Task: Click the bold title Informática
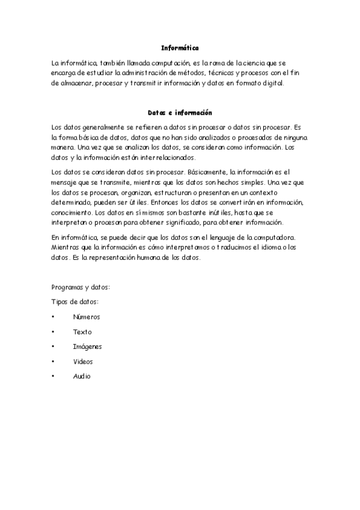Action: point(180,47)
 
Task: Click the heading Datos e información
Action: point(180,112)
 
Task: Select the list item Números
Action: point(87,316)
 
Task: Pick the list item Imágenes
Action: point(88,346)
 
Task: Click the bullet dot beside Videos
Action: point(53,361)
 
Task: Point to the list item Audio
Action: point(82,376)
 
